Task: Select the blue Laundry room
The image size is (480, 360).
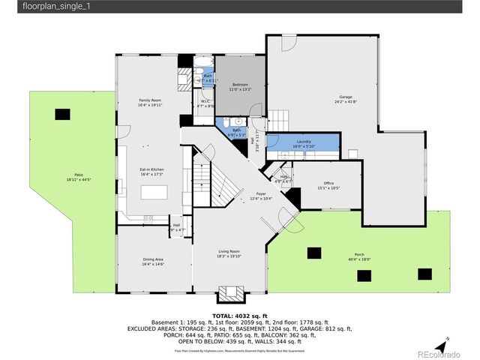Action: (303, 142)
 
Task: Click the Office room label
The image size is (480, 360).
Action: (328, 184)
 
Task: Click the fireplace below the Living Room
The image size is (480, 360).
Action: (228, 293)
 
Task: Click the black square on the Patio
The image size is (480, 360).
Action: (62, 114)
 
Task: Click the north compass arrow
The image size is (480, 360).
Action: (445, 341)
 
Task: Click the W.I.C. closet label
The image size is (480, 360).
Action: (205, 103)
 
